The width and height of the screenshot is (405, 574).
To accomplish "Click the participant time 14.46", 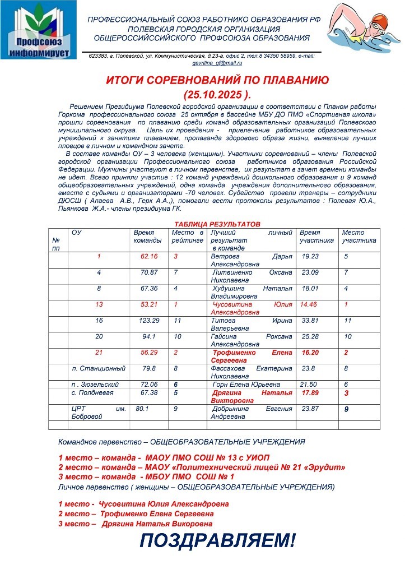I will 309,304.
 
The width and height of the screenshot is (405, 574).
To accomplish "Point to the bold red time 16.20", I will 310,353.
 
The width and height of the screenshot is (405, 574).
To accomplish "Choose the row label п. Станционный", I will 99,368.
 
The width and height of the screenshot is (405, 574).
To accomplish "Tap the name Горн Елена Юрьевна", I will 246,385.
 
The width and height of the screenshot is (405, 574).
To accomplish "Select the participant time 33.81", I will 310,321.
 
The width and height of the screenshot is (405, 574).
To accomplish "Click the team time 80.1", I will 142,409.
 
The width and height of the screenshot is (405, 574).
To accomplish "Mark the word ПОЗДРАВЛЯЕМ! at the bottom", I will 217,541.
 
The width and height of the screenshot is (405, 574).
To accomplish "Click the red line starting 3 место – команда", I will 146,476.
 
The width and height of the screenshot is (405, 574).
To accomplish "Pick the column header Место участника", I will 359,236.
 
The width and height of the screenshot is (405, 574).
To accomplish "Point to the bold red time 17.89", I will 310,393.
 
